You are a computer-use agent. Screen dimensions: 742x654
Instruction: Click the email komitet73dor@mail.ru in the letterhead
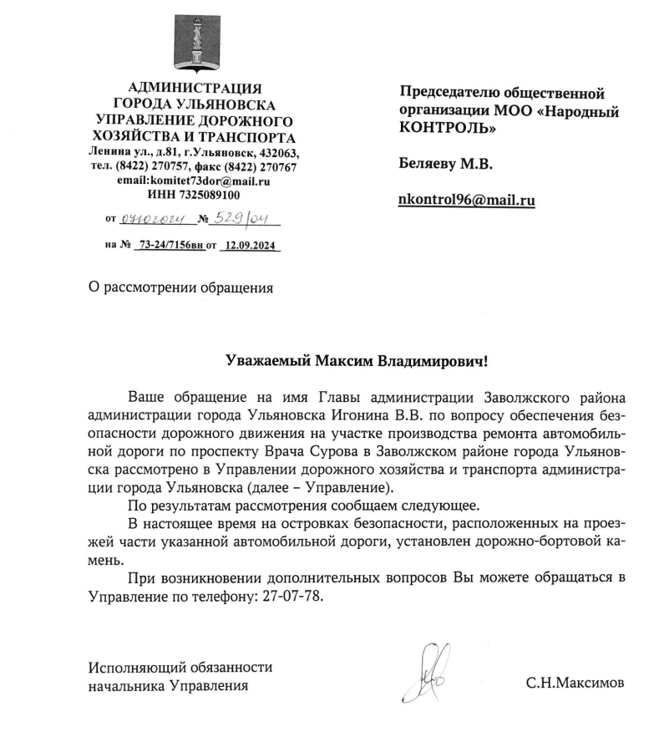pyautogui.click(x=217, y=180)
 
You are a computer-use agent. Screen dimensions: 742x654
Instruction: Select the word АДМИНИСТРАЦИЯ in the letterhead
pyautogui.click(x=193, y=89)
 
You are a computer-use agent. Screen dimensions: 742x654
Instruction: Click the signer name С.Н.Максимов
pyautogui.click(x=574, y=684)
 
